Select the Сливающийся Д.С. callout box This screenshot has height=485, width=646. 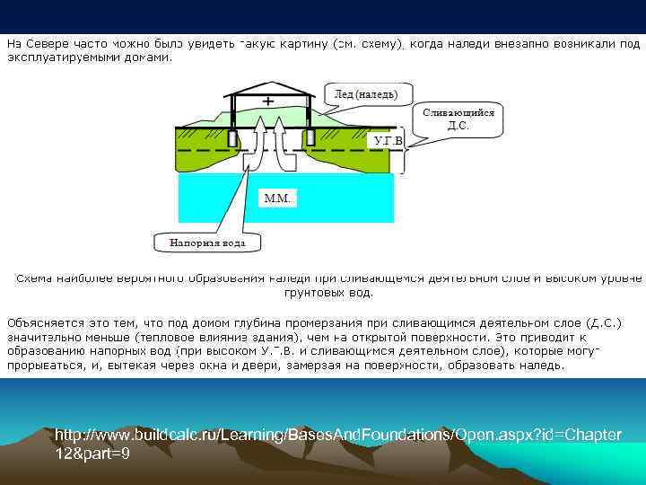tap(458, 119)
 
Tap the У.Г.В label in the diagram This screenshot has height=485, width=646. tap(388, 141)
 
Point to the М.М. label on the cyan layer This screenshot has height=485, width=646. tap(276, 198)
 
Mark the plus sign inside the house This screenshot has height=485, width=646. tap(267, 101)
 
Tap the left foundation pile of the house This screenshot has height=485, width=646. tap(231, 140)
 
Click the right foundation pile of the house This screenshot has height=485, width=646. tap(310, 139)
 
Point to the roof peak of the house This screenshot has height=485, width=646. tap(271, 75)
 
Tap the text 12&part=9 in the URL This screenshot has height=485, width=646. tap(92, 454)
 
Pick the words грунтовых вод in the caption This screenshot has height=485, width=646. tap(328, 293)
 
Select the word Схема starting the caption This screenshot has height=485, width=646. tap(34, 278)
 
